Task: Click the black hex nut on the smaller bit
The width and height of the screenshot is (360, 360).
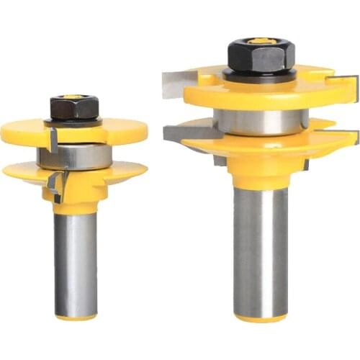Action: click(74, 108)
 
